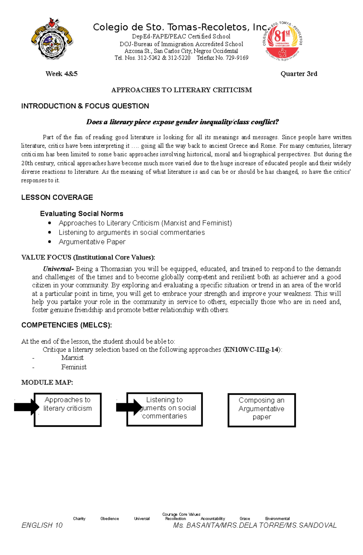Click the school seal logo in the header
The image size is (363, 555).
click(x=52, y=39)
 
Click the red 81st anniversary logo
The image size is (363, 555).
click(x=282, y=41)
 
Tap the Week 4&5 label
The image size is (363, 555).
click(x=61, y=74)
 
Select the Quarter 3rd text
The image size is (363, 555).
click(x=299, y=74)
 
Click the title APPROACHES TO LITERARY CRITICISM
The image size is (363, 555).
click(x=181, y=90)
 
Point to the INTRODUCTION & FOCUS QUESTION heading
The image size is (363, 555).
click(x=85, y=106)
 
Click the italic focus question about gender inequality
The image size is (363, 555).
click(x=182, y=122)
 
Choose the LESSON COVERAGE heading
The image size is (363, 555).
click(x=57, y=198)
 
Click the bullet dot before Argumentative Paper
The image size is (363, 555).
click(x=50, y=242)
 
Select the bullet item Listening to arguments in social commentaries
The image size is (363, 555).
click(x=132, y=232)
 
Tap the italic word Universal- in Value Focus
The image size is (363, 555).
click(x=58, y=269)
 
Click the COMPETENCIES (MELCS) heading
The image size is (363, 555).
click(x=67, y=325)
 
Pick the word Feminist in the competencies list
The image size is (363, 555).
click(x=74, y=367)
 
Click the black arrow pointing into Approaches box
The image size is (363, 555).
click(x=26, y=407)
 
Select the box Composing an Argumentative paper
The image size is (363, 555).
click(x=261, y=410)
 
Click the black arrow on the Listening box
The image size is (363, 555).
click(x=129, y=407)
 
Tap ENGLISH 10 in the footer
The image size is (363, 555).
click(x=42, y=525)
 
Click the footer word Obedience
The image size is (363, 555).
click(x=110, y=518)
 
